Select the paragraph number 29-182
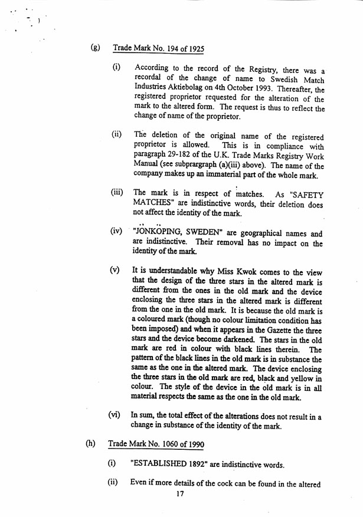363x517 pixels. [x=179, y=156]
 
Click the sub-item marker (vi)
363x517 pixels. [x=115, y=415]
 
